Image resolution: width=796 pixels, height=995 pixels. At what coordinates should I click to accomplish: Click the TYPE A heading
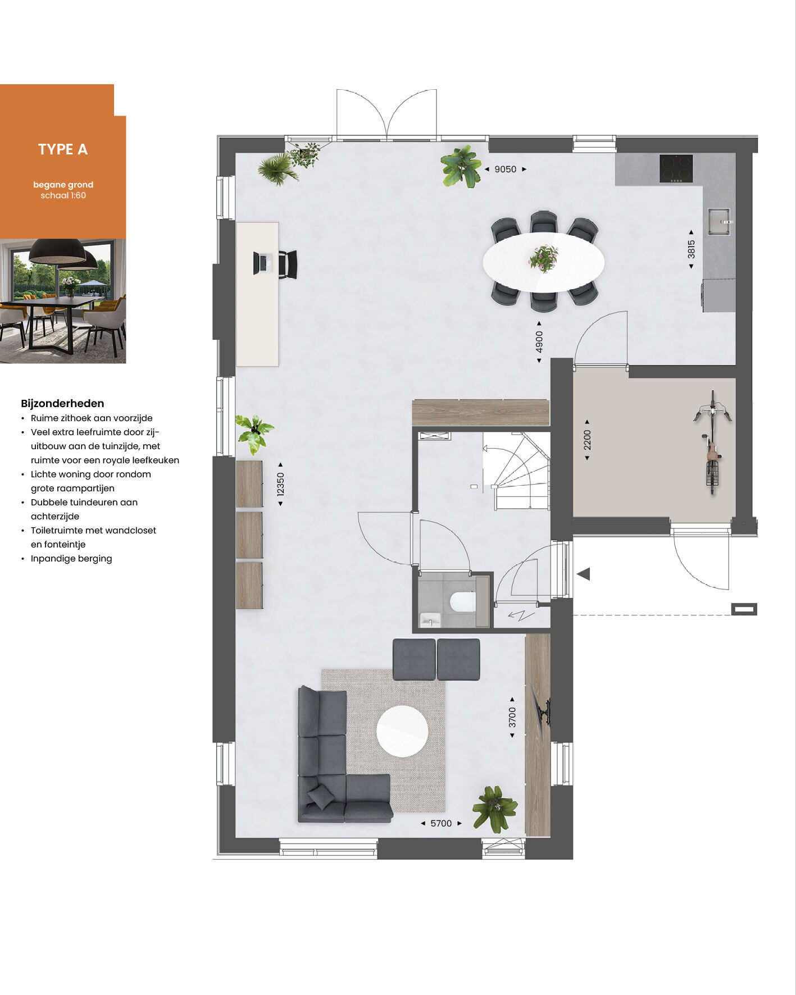tap(63, 149)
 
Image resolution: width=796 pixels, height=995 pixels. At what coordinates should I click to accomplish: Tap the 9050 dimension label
tap(505, 169)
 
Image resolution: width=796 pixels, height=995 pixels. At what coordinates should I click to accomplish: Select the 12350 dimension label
tap(281, 484)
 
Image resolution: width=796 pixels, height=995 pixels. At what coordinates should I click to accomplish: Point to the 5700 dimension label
tap(441, 823)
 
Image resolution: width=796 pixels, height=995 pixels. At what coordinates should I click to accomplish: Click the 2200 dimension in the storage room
tap(587, 440)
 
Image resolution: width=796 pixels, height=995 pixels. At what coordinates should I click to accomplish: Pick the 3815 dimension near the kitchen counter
tap(691, 249)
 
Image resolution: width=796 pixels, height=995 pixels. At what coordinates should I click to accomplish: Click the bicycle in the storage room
tap(712, 442)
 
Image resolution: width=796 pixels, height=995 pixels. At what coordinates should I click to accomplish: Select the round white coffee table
tap(402, 731)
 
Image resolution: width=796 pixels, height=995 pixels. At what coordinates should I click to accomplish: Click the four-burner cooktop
tap(676, 168)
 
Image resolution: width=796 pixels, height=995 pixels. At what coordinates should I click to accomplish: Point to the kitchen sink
tap(718, 221)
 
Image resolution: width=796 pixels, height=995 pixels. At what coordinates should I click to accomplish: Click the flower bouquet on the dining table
tap(544, 259)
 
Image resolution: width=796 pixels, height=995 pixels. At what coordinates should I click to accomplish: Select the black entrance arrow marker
tap(584, 574)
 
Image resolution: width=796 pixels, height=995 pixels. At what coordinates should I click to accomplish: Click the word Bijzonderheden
tap(62, 403)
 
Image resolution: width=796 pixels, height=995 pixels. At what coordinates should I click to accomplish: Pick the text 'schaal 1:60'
tap(63, 195)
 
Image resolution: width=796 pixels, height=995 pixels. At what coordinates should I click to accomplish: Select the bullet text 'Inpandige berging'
tap(71, 559)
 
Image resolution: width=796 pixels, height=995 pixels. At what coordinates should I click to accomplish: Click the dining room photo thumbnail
tap(63, 301)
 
